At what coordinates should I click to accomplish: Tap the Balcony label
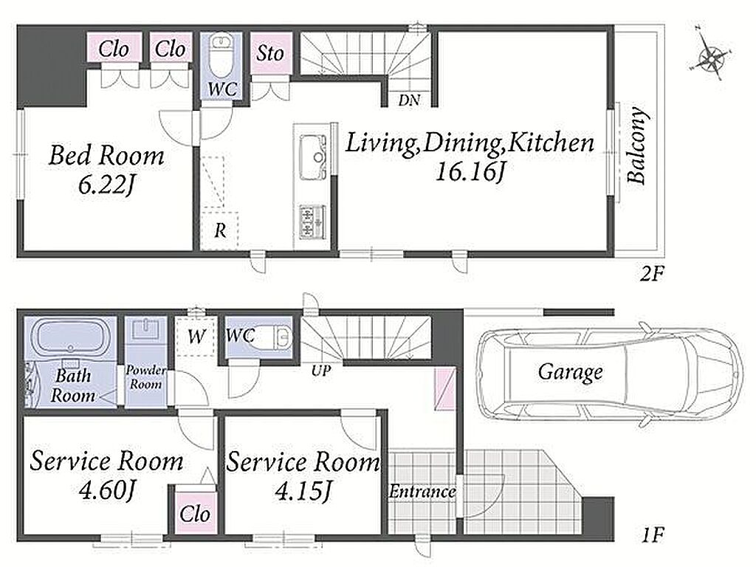(636, 145)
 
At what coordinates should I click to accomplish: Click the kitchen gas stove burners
(312, 221)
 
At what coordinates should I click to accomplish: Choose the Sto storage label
(270, 53)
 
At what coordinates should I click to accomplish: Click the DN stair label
(409, 100)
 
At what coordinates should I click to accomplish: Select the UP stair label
(321, 371)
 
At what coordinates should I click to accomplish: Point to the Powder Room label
(145, 377)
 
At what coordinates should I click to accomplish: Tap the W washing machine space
(196, 337)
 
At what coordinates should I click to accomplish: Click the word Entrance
(422, 492)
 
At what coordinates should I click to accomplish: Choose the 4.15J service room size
(303, 491)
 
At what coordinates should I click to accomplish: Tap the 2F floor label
(652, 275)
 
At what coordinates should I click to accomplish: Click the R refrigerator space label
(220, 230)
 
